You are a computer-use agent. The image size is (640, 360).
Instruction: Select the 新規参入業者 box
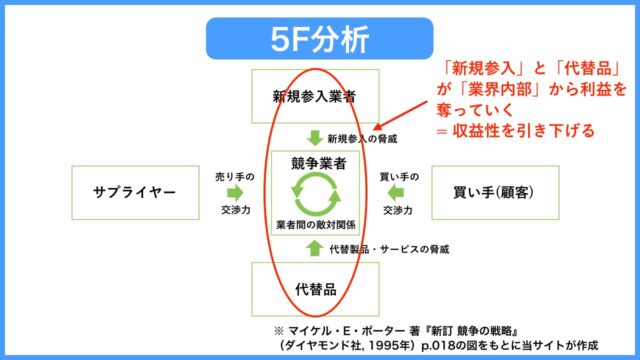(313, 98)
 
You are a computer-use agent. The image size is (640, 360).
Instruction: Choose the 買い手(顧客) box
(494, 191)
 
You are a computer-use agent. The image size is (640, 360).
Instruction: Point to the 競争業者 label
(313, 162)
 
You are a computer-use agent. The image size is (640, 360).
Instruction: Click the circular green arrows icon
(313, 191)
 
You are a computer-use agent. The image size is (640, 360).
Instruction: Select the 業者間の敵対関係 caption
(314, 222)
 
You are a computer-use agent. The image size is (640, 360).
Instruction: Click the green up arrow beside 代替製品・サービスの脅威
(313, 246)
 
